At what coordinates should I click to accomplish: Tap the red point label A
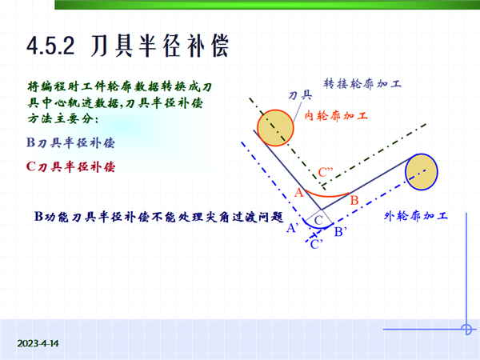click(x=298, y=193)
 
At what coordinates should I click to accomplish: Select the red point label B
click(x=354, y=201)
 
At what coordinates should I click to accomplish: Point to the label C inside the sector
click(x=318, y=220)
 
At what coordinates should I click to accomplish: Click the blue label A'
click(x=292, y=228)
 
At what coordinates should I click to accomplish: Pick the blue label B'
click(x=341, y=232)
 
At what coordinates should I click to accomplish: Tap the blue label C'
click(x=317, y=244)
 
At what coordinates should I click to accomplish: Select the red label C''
click(x=326, y=172)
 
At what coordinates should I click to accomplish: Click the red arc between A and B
click(x=327, y=196)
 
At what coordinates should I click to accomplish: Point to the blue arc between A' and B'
click(x=317, y=227)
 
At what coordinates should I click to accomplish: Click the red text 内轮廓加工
click(x=336, y=116)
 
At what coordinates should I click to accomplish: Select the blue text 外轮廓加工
click(x=416, y=216)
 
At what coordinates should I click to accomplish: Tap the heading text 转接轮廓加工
click(x=362, y=83)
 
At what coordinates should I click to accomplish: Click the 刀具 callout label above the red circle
click(x=300, y=95)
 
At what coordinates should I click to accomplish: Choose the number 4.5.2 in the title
click(x=51, y=46)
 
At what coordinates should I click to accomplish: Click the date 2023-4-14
click(x=38, y=343)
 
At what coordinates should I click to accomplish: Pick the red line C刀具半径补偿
click(x=70, y=167)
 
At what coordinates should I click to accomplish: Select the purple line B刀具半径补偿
click(x=70, y=143)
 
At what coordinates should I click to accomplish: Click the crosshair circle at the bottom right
click(x=466, y=330)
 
